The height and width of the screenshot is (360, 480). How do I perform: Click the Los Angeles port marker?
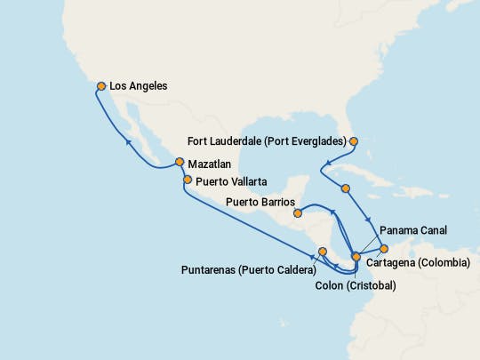[x=101, y=86]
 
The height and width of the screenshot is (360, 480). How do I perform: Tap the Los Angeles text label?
[x=138, y=86]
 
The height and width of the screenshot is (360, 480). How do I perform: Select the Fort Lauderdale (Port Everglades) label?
[x=267, y=140]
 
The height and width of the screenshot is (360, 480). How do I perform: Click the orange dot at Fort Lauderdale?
[x=353, y=140]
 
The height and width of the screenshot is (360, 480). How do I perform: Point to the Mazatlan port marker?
[x=180, y=163]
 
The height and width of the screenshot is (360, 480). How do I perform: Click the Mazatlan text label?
[x=209, y=164]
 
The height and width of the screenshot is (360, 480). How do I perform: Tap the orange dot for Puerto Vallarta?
[x=187, y=180]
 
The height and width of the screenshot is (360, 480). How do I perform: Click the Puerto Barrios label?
[x=259, y=203]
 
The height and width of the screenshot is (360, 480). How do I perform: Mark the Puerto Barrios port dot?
[x=298, y=212]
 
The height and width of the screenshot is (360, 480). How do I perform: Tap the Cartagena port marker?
[x=384, y=249]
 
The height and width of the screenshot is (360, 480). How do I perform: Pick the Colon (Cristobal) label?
[x=356, y=285]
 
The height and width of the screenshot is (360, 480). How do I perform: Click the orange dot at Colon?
[x=356, y=257]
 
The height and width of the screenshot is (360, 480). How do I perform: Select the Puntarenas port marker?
[x=323, y=252]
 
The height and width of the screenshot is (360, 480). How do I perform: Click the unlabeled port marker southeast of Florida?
[x=346, y=188]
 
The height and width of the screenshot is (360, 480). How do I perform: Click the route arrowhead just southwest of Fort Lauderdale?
[x=326, y=164]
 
